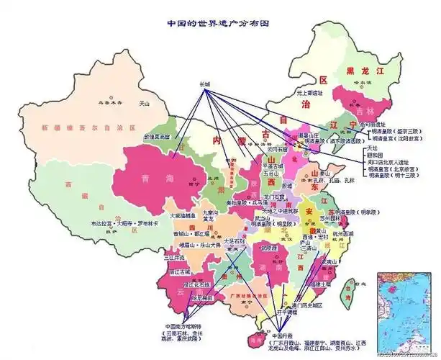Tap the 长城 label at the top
click(206, 84)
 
